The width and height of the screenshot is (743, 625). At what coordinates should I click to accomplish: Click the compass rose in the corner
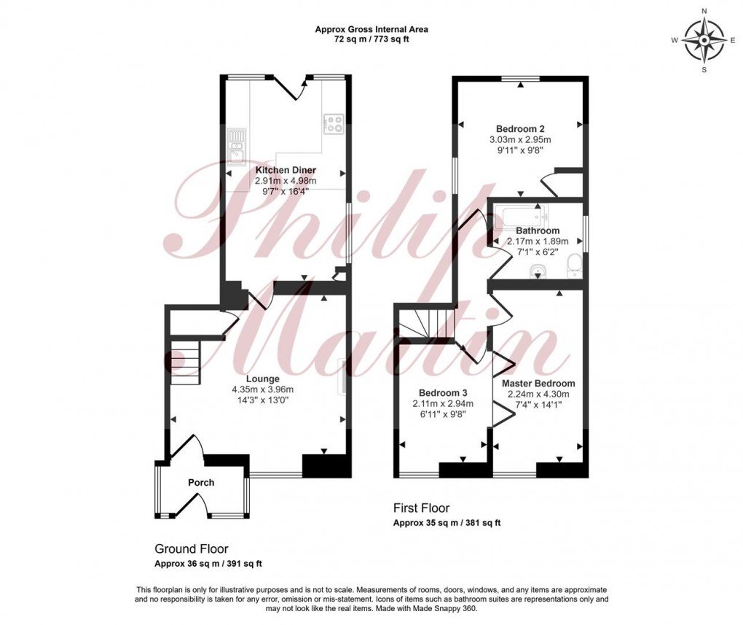point(704,41)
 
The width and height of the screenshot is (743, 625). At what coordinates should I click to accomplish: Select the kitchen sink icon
point(236,145)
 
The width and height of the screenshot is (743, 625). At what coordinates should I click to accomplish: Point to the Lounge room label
point(263,379)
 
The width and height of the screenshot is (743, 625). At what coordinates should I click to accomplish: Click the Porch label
point(201,483)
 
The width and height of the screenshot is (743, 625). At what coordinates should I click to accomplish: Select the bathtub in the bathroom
point(520,216)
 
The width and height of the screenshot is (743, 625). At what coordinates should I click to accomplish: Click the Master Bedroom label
point(538,384)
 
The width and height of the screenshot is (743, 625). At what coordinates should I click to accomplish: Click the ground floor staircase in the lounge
point(186,362)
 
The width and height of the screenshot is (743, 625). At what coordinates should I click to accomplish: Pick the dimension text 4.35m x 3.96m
point(263,389)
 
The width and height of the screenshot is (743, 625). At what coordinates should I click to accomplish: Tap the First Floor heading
point(421,508)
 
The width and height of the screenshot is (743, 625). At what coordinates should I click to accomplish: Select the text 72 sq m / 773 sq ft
point(371,39)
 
